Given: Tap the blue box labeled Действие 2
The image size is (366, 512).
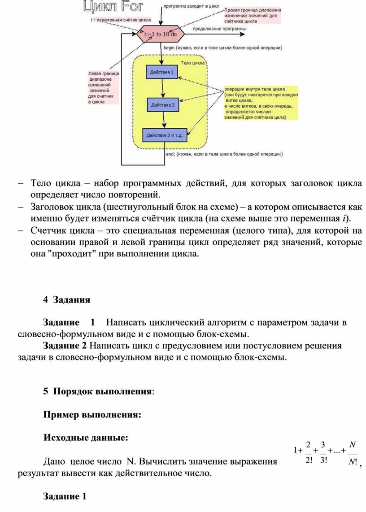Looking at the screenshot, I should point(163,105).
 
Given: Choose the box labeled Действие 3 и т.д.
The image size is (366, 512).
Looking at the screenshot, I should point(165,135).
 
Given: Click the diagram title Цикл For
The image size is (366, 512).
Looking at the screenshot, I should point(113,7).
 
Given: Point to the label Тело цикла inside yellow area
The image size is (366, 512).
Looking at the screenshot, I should point(192,63).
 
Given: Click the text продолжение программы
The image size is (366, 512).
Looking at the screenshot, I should point(219,30).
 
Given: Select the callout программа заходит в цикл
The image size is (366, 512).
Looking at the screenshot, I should point(192,7).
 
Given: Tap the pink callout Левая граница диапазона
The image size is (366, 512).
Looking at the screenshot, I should point(103,87).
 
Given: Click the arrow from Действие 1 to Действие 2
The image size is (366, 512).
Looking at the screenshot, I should point(163,88).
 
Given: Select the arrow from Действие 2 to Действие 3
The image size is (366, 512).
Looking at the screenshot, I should point(164,120).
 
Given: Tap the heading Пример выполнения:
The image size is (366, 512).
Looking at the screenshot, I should point(92,415).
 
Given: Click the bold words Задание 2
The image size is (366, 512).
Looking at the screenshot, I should point(65,346).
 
